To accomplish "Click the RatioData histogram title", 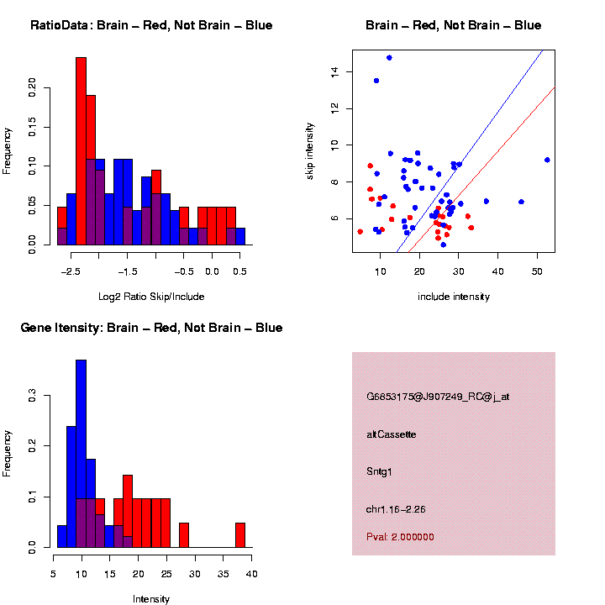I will [x=151, y=25].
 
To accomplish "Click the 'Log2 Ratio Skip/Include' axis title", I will [x=151, y=296].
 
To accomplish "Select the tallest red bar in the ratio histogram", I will [x=82, y=151].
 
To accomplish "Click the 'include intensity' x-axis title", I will [x=454, y=296].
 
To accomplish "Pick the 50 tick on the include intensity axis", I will [x=538, y=271].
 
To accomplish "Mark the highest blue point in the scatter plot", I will [x=389, y=58].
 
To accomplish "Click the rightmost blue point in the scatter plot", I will [x=547, y=160].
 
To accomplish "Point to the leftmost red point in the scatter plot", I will [x=360, y=231].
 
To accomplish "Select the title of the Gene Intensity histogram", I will [x=151, y=328].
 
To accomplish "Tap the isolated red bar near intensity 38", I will [x=240, y=535].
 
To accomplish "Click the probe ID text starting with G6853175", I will [x=438, y=396].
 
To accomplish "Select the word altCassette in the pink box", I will [x=392, y=434].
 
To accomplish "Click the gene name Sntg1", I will [x=379, y=471].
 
